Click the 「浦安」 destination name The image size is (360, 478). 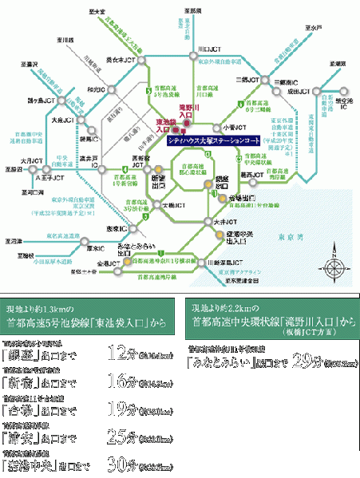click(26, 440)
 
